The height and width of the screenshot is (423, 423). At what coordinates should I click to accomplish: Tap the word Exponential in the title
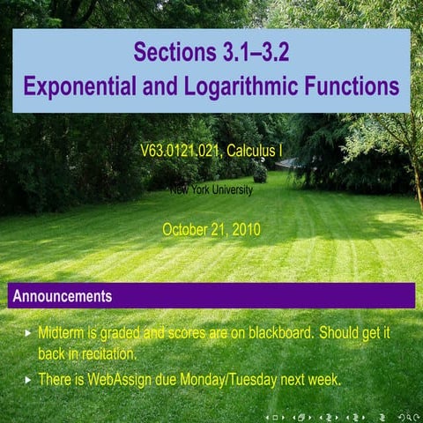(x=79, y=87)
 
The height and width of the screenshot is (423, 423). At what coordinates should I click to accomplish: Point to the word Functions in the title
(x=350, y=87)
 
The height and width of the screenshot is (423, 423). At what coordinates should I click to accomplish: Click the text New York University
(x=211, y=189)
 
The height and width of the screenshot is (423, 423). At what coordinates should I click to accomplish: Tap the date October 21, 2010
(x=211, y=230)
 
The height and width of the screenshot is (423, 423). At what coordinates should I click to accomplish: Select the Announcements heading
(x=63, y=296)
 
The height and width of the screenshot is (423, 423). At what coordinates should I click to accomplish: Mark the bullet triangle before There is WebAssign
(x=28, y=380)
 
